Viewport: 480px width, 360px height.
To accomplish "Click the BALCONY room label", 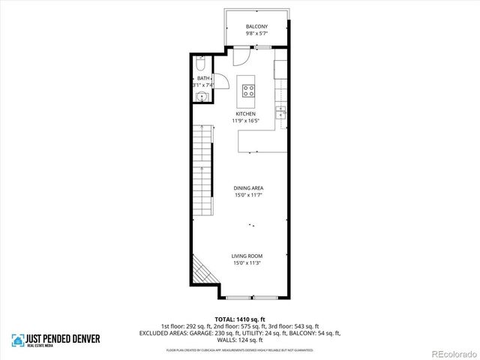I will tap(256, 27).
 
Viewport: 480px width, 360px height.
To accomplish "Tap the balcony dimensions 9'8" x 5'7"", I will tap(256, 34).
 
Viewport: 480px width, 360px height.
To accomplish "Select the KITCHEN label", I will tap(246, 113).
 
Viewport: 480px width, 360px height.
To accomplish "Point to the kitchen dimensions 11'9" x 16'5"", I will tap(246, 121).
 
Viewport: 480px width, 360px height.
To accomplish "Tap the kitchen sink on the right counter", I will tap(281, 112).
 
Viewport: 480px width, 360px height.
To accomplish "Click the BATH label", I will tap(202, 78).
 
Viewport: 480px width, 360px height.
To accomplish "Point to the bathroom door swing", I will tap(222, 82).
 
